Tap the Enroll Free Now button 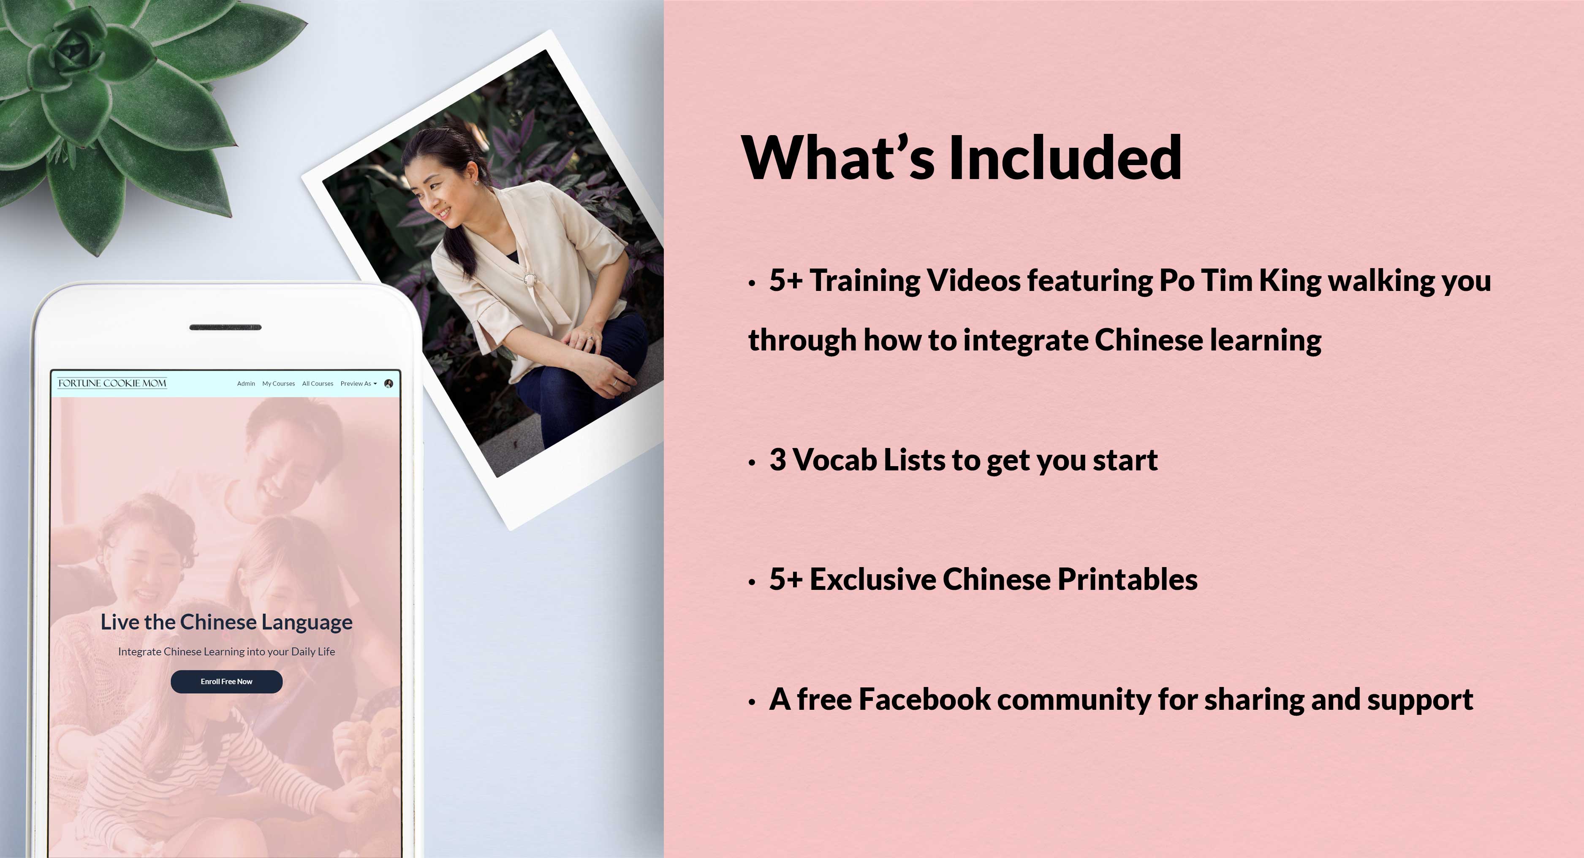[x=226, y=682]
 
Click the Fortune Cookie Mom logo [x=112, y=383]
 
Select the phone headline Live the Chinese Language [x=226, y=622]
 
